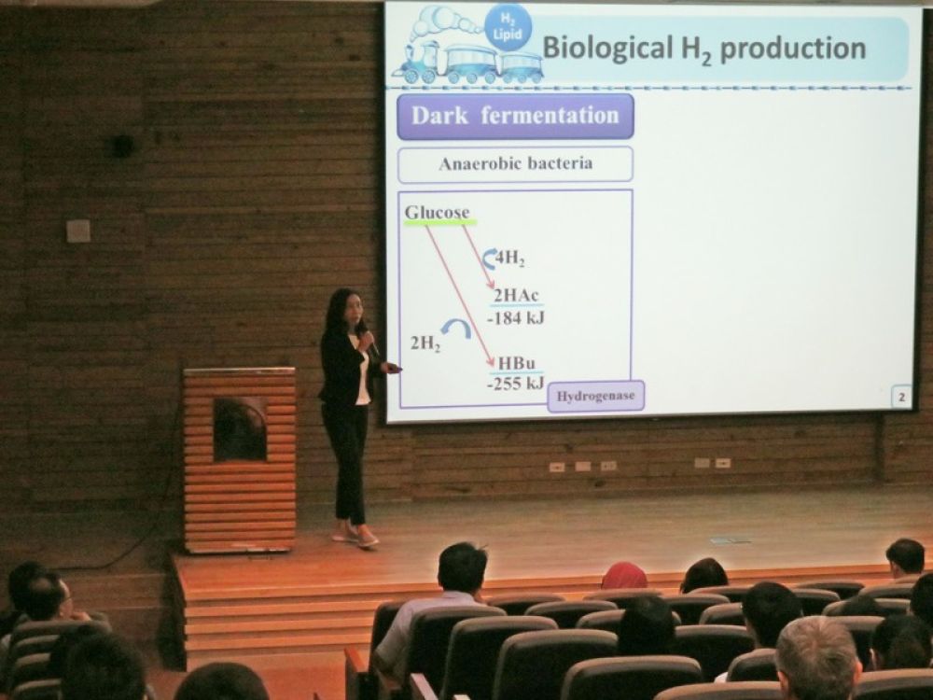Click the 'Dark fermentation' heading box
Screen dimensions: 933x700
tap(515, 116)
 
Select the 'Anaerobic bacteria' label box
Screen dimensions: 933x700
tap(515, 163)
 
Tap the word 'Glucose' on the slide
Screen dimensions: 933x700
tap(438, 213)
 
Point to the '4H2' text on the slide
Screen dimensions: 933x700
tap(510, 259)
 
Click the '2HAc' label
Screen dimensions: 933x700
tap(517, 295)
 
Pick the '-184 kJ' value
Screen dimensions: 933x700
tap(515, 318)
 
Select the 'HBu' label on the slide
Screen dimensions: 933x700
tap(517, 362)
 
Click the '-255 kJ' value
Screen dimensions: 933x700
tap(515, 384)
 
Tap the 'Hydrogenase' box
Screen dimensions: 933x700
tap(595, 396)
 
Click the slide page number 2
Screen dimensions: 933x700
tap(901, 397)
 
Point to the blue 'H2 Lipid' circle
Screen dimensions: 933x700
tap(508, 29)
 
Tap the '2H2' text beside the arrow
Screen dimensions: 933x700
tap(425, 344)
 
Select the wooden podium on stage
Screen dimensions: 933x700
tap(240, 459)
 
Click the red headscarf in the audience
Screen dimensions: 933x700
tap(624, 576)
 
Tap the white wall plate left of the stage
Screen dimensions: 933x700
tap(78, 231)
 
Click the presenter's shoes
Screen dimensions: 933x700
tap(355, 537)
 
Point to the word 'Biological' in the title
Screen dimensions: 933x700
tap(607, 48)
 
